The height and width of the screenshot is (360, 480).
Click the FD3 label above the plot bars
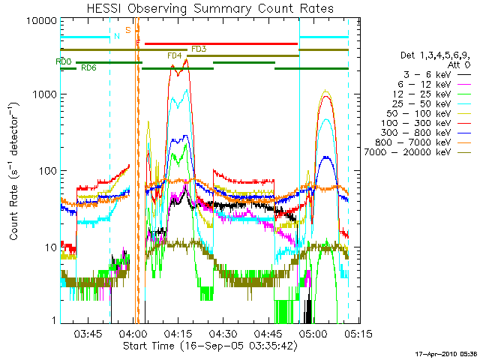point(199,49)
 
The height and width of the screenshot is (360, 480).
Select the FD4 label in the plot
point(174,56)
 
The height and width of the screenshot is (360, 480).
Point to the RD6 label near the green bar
point(88,68)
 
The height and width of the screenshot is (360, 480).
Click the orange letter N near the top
point(116,35)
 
